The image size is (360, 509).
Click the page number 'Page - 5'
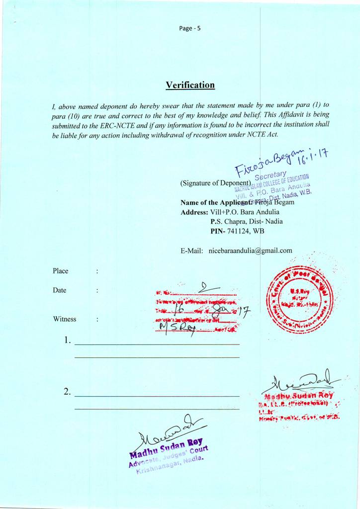[190, 28]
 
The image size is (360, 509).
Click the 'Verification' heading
[190, 85]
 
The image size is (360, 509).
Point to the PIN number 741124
[239, 231]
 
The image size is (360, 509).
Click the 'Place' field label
[61, 271]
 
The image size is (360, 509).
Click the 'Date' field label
[60, 290]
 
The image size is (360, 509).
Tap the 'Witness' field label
[65, 319]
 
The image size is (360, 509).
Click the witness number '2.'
[68, 392]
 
